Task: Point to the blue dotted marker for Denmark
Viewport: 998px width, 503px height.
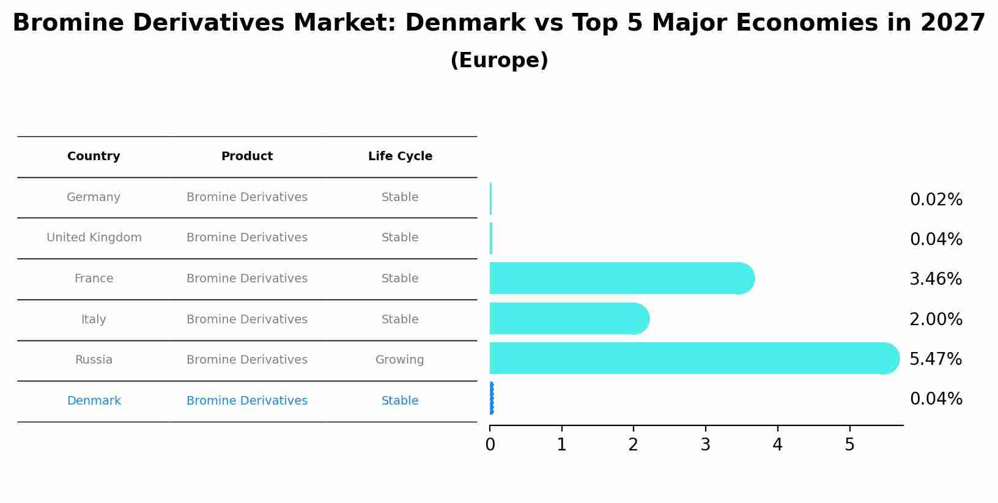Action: click(492, 398)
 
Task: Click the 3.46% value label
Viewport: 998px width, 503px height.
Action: click(936, 279)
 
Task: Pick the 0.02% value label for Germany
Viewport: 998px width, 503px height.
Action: click(936, 200)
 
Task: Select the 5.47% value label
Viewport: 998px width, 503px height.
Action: click(936, 359)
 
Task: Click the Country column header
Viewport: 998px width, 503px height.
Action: click(94, 156)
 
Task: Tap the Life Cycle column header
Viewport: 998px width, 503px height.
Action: click(400, 156)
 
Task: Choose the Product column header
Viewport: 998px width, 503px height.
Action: click(247, 156)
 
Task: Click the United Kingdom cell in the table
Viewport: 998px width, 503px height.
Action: click(94, 238)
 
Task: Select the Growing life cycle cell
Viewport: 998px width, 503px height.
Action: click(400, 360)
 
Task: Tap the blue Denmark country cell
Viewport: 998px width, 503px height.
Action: click(94, 401)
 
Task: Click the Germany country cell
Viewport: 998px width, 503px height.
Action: click(94, 197)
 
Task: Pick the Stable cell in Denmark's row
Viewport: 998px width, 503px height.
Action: click(400, 401)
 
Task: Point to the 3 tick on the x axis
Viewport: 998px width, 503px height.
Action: click(706, 445)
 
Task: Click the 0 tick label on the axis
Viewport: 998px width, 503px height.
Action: click(490, 445)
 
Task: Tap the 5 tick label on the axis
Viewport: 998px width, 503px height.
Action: click(849, 445)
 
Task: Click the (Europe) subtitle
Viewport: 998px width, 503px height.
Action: click(499, 61)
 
